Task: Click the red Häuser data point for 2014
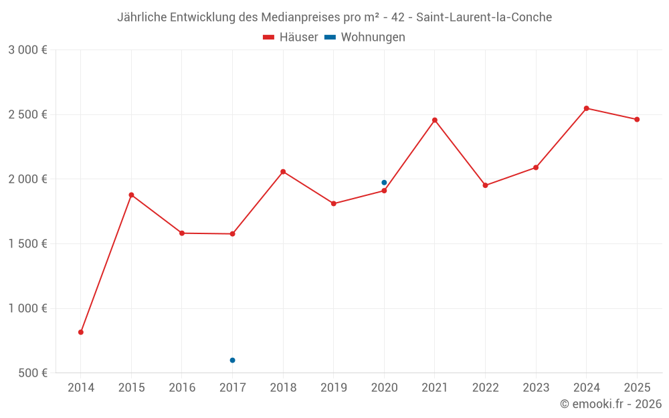(81, 332)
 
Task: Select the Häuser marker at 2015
(131, 195)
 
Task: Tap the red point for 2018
(283, 172)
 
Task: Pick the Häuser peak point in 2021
(435, 120)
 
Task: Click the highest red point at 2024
(586, 108)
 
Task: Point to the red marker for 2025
(637, 120)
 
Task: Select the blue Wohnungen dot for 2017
(232, 360)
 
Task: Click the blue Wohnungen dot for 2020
(384, 183)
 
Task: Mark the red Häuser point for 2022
(485, 185)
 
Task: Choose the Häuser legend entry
(290, 37)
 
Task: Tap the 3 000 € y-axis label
(27, 50)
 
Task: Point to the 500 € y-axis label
(32, 373)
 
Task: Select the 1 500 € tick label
(27, 244)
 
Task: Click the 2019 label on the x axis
(334, 388)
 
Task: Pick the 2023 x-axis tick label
(536, 388)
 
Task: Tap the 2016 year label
(182, 388)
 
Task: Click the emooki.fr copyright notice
(610, 404)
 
